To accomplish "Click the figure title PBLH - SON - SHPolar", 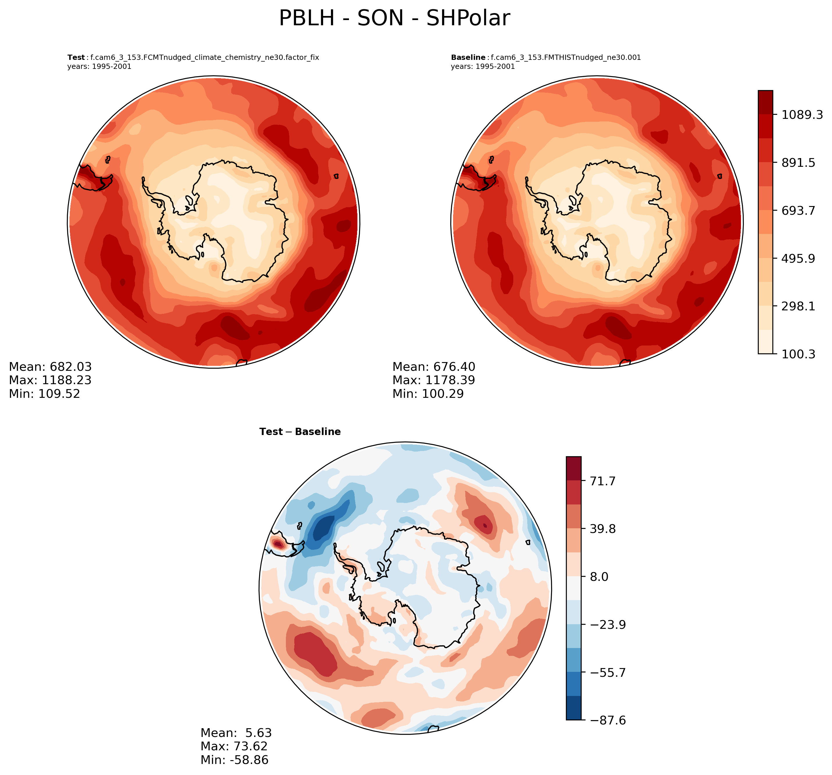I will point(394,18).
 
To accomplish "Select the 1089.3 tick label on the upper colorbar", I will point(802,114).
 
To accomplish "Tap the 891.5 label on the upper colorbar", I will point(798,163).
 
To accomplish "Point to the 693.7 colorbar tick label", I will point(798,210).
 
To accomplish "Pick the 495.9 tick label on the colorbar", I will point(798,258).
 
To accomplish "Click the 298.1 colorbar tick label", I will point(798,307).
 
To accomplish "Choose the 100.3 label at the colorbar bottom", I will point(798,354).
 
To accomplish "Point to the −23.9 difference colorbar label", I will point(608,625).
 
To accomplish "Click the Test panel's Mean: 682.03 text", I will point(50,367).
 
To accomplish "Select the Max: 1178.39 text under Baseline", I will point(434,380).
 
